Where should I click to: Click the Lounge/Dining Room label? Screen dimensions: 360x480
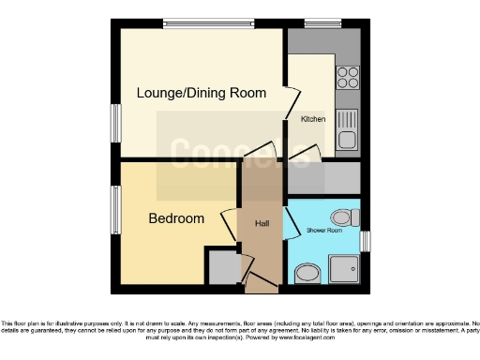click(202, 93)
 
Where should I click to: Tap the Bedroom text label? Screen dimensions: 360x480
click(176, 218)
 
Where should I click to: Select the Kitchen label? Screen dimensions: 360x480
click(312, 120)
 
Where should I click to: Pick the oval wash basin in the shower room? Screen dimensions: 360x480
click(306, 274)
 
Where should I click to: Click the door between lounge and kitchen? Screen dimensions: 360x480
click(292, 103)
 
